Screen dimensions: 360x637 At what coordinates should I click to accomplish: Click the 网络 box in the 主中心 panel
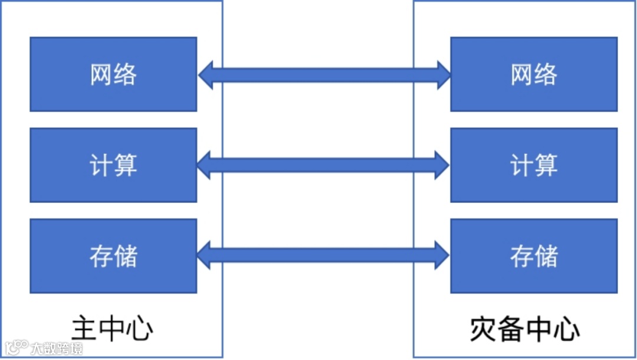click(x=113, y=74)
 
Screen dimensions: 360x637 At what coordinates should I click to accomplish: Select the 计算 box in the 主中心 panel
click(x=113, y=165)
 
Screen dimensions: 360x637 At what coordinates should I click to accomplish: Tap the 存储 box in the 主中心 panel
click(x=113, y=256)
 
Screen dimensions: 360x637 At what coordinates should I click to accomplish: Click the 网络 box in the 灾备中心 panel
click(x=534, y=74)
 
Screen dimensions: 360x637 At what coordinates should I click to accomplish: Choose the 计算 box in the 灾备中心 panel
click(x=534, y=165)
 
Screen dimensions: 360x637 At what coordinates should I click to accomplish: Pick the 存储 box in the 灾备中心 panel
click(x=534, y=256)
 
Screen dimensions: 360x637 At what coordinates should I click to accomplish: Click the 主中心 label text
click(x=112, y=329)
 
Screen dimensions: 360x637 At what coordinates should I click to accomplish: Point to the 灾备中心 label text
click(x=525, y=329)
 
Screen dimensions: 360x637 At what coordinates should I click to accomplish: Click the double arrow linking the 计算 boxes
click(x=323, y=165)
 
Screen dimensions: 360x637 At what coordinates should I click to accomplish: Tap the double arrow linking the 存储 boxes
click(x=323, y=255)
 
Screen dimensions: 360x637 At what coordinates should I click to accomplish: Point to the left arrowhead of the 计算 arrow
click(x=204, y=165)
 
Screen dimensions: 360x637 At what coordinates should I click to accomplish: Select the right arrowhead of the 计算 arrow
click(x=442, y=165)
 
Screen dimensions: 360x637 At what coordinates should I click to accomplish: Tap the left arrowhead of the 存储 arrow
click(x=204, y=255)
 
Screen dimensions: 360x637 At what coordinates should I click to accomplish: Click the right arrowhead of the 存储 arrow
click(x=442, y=255)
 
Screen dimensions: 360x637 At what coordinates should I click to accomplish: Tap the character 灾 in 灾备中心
click(x=483, y=329)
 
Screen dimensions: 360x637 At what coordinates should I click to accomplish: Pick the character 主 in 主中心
click(x=84, y=329)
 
